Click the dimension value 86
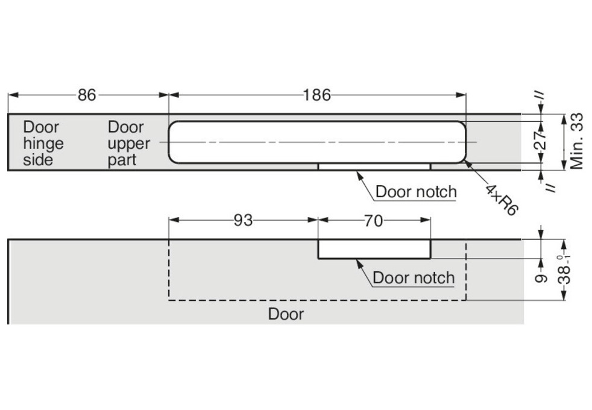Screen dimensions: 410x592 coord(87,95)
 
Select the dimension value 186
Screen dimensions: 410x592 coord(317,95)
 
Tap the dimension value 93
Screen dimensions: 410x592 coord(243,221)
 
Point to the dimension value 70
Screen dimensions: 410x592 coord(373,221)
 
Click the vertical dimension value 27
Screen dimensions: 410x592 coord(541,142)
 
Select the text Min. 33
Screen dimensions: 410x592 coord(576,142)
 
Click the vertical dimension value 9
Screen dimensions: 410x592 coord(541,277)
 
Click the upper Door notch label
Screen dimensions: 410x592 coord(416,192)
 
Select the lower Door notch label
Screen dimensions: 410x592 coord(414,278)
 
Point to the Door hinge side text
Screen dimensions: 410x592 coord(43,143)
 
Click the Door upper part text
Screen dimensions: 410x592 coord(128,143)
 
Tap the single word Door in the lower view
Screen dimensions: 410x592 coord(286,314)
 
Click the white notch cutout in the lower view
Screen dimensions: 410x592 coord(374,249)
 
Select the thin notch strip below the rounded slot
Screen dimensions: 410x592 coord(374,166)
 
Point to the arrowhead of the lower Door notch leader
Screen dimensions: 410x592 coord(357,260)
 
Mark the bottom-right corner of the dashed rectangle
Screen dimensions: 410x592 coord(466,300)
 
